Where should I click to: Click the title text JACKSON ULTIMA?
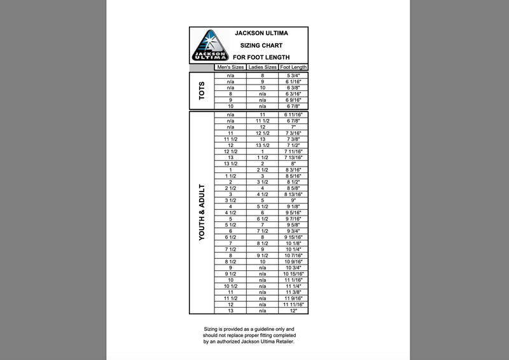[x=260, y=33]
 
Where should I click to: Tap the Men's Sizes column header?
[x=230, y=67]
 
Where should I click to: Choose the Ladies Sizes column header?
[x=262, y=67]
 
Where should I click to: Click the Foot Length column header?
[x=293, y=67]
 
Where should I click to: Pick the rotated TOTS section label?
[x=202, y=91]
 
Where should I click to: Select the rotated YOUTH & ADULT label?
[x=202, y=212]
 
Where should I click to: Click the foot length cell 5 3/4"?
[x=293, y=76]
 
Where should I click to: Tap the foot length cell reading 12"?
[x=293, y=310]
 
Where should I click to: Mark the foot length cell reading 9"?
[x=293, y=200]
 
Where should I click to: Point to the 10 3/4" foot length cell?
[x=293, y=267]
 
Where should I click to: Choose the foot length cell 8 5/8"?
[x=293, y=188]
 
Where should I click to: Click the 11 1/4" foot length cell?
[x=293, y=286]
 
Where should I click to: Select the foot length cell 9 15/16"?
[x=293, y=237]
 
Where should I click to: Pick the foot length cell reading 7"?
[x=293, y=127]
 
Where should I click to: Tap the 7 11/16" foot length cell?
[x=293, y=151]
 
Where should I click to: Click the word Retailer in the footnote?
[x=284, y=342]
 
